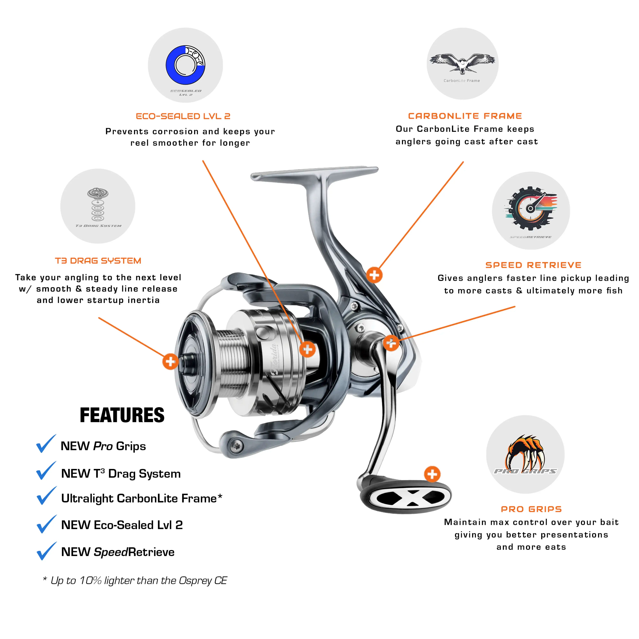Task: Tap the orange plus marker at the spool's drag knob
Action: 170,362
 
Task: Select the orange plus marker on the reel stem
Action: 374,275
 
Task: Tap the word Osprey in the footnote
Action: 195,581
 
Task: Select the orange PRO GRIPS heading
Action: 531,509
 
